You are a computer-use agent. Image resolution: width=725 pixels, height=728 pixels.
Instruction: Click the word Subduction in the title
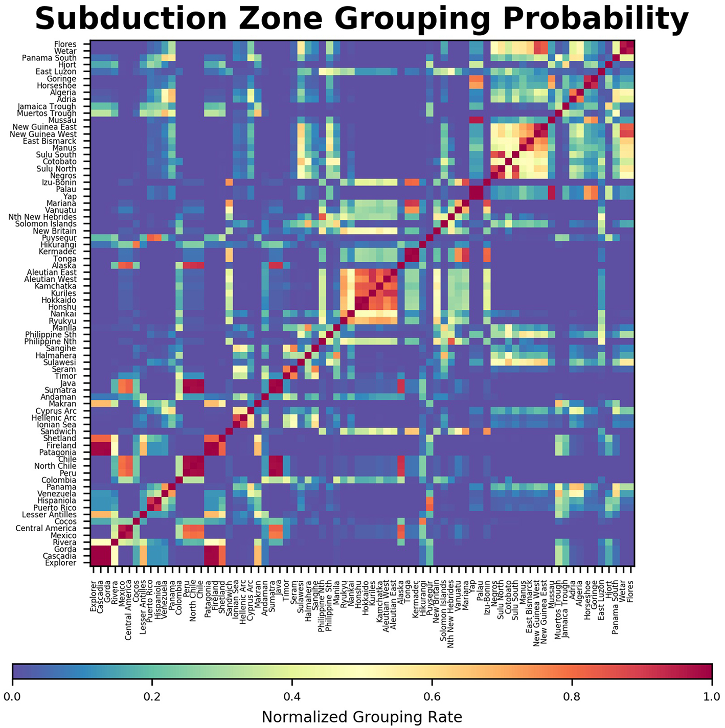(131, 19)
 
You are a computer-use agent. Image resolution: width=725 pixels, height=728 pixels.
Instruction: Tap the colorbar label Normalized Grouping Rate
(361, 717)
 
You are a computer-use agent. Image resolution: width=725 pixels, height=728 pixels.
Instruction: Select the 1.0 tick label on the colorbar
(711, 696)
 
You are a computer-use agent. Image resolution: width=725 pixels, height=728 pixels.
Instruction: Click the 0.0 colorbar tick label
(13, 696)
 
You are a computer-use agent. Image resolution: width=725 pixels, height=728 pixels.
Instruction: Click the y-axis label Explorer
(61, 563)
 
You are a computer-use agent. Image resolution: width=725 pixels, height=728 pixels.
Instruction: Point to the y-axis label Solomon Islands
(46, 224)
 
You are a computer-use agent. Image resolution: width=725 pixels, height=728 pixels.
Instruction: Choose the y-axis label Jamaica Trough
(47, 106)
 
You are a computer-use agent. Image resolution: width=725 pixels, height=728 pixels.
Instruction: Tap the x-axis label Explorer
(93, 596)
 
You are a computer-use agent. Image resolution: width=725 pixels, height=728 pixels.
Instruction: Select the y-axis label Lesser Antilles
(49, 515)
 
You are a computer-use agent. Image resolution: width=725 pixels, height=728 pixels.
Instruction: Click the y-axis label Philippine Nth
(51, 342)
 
